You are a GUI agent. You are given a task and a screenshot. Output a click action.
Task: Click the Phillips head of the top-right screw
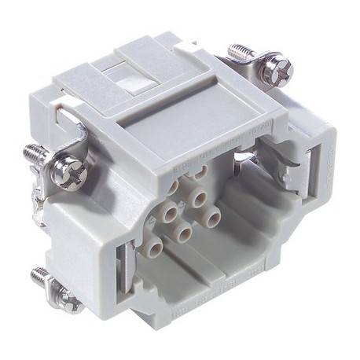(279, 68)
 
